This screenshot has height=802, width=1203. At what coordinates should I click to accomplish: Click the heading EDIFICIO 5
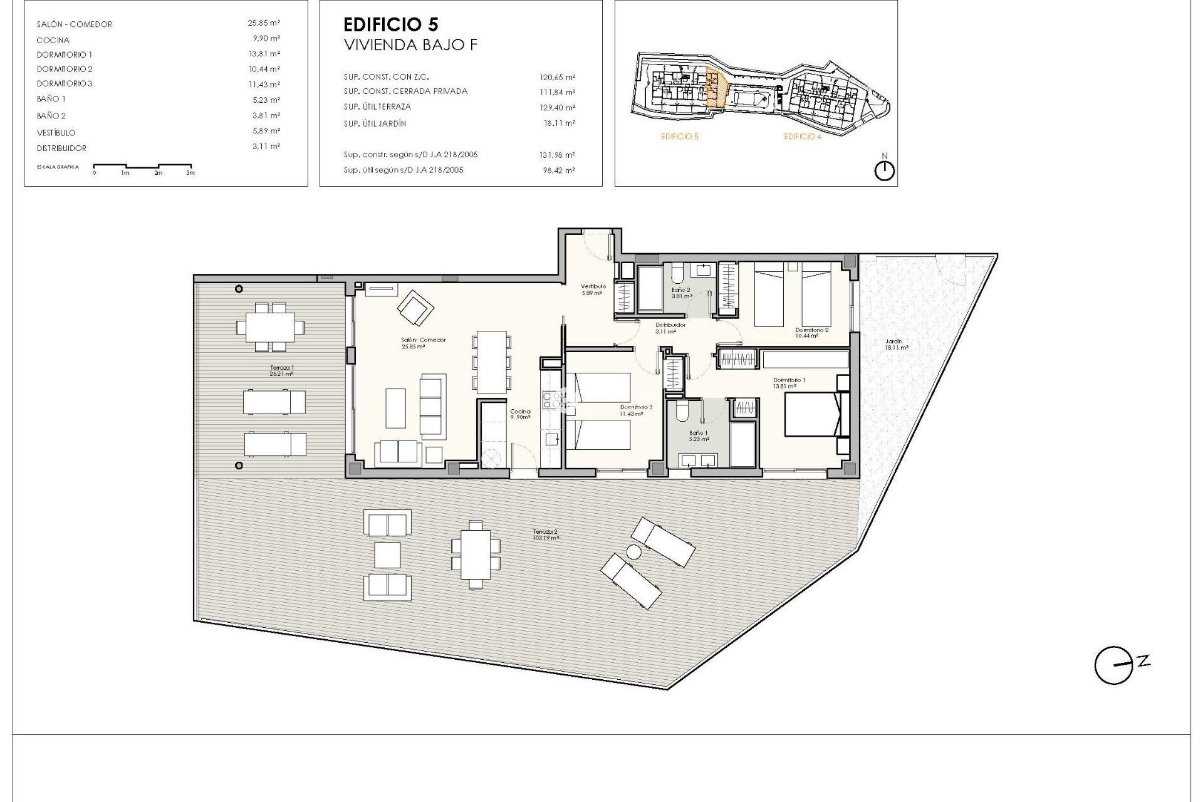point(391,24)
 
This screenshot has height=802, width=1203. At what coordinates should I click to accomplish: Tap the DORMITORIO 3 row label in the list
point(65,83)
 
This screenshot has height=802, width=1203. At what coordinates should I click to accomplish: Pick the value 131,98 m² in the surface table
point(558,155)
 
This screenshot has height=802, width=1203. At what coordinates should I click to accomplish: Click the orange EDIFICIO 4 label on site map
point(802,137)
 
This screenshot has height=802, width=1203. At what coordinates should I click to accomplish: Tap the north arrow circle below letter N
point(884,171)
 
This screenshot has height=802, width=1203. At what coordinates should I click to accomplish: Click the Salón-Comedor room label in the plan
point(424,340)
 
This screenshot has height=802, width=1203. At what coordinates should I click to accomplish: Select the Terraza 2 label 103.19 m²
point(545,534)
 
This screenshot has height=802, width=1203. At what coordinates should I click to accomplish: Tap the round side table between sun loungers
point(634,552)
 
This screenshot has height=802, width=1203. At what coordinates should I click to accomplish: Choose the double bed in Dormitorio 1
point(812,414)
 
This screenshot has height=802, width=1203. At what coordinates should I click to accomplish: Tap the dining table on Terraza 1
point(270,326)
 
